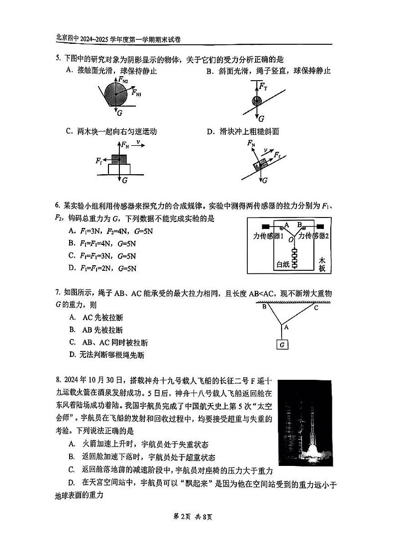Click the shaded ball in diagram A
pyautogui.click(x=115, y=94)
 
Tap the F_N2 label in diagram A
pyautogui.click(x=123, y=79)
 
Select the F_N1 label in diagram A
pyautogui.click(x=136, y=92)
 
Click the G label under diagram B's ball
pyautogui.click(x=261, y=118)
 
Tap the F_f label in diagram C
pyautogui.click(x=99, y=161)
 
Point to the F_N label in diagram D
pyautogui.click(x=252, y=144)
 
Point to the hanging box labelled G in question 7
pyautogui.click(x=282, y=344)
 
